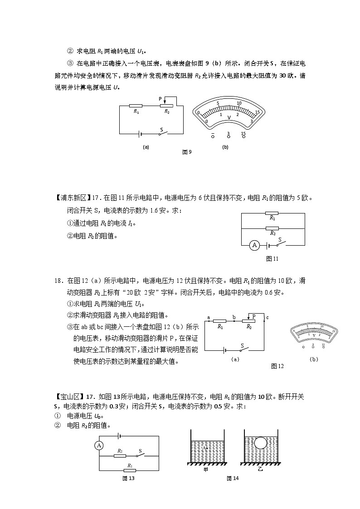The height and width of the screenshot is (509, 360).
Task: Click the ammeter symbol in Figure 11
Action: [x=254, y=245]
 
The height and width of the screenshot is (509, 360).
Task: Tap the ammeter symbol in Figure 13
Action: [x=99, y=446]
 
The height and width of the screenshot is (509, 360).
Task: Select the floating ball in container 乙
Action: [x=261, y=442]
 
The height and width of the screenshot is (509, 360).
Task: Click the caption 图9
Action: [x=187, y=152]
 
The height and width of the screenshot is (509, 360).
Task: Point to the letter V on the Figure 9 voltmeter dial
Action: [x=229, y=117]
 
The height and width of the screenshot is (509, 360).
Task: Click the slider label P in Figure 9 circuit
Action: [x=160, y=98]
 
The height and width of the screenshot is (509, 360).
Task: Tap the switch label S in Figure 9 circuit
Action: [x=161, y=129]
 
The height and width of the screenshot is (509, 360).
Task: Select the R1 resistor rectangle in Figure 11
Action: [x=272, y=213]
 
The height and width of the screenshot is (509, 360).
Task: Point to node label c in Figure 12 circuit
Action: [x=268, y=317]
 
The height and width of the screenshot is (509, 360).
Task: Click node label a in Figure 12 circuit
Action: [x=208, y=317]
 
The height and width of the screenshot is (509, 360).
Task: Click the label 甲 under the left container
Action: [x=205, y=470]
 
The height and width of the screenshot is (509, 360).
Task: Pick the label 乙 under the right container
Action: [x=260, y=470]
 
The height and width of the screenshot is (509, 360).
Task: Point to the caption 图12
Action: [x=277, y=366]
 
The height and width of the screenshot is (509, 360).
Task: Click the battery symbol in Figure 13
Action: [x=119, y=436]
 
